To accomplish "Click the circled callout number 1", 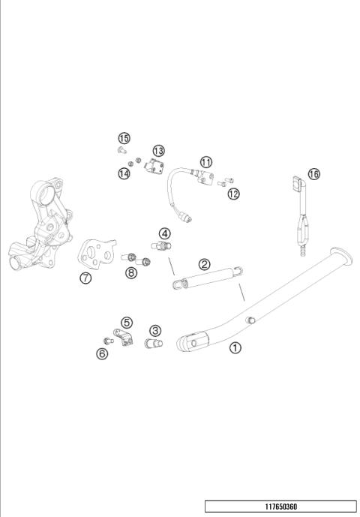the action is coord(235,347).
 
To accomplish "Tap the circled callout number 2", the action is coord(205,264).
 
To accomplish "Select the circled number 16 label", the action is coord(313,174).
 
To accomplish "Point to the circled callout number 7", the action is coord(85,278).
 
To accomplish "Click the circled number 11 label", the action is coord(206,162).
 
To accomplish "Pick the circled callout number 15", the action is coord(124,138).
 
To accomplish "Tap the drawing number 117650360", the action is coord(281,506).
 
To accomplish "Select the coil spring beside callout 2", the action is coord(208,278).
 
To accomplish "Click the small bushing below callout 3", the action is coord(153,344).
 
